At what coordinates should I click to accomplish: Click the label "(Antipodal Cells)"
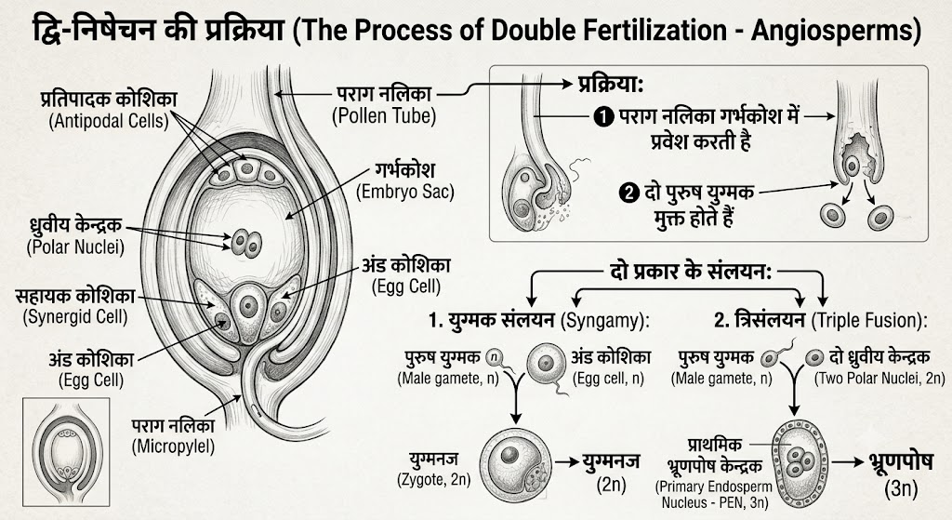[109, 121]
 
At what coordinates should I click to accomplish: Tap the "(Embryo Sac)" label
[405, 192]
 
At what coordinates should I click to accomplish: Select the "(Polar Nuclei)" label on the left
[75, 247]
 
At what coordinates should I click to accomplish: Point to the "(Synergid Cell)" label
[75, 317]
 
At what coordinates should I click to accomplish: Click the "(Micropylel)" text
[173, 447]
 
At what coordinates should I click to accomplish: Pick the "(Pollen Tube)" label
[384, 115]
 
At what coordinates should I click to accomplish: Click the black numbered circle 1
[603, 116]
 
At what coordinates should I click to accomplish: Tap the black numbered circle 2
[629, 193]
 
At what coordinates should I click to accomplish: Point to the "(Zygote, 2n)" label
[434, 479]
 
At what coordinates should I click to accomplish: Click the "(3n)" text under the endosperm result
[901, 488]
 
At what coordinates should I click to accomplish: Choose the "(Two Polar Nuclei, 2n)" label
[879, 379]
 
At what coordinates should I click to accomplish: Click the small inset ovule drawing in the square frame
[66, 451]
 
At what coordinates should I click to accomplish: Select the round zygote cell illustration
[516, 461]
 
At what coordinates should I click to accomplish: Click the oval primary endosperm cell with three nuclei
[799, 460]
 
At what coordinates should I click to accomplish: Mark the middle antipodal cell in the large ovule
[246, 169]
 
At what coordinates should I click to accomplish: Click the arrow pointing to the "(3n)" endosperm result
[848, 463]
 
